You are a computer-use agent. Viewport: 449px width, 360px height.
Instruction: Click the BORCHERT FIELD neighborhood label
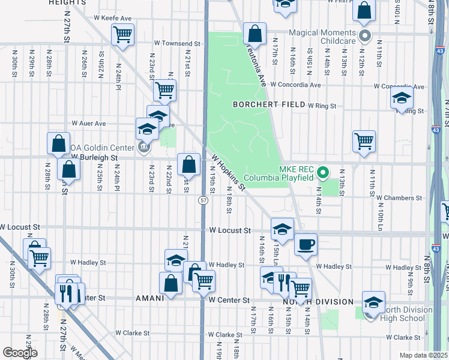click(268, 104)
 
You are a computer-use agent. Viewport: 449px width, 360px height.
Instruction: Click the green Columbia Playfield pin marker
click(323, 174)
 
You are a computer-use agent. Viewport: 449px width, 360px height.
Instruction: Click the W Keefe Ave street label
click(112, 19)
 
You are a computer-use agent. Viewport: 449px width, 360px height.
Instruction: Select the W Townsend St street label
click(176, 44)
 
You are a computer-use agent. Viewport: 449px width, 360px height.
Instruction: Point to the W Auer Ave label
click(88, 123)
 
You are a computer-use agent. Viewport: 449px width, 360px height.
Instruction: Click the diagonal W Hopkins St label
click(229, 172)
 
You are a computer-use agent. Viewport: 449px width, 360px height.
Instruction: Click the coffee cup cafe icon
click(306, 244)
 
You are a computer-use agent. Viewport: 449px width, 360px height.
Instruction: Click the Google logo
click(20, 353)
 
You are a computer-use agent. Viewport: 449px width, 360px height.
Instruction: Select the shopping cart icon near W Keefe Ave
click(122, 35)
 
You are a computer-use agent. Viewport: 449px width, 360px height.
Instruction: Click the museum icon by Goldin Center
click(143, 146)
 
